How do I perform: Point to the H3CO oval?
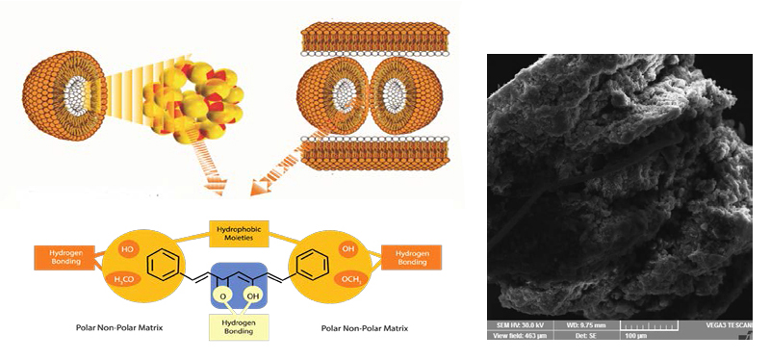point(124,280)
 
